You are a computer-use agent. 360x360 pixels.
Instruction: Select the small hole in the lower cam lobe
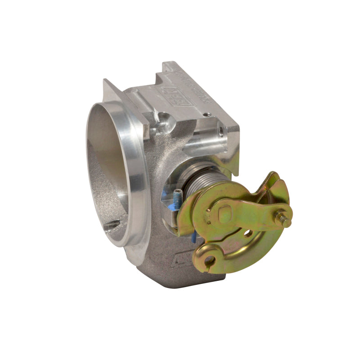coord(209,260)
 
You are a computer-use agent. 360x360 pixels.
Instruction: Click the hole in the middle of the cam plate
coord(247,233)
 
